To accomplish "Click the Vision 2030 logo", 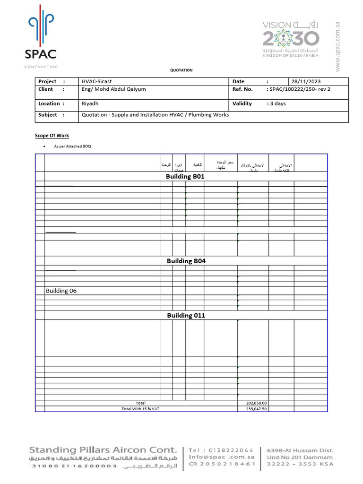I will pyautogui.click(x=291, y=39).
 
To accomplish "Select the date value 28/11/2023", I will pyautogui.click(x=309, y=81).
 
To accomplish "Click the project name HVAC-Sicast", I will pyautogui.click(x=97, y=81).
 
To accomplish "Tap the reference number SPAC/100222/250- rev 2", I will pyautogui.click(x=298, y=89).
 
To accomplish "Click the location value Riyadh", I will pyautogui.click(x=90, y=104).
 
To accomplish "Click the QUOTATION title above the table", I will pyautogui.click(x=181, y=70).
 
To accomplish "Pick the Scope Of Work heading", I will pyautogui.click(x=52, y=136).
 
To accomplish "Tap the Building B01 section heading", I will pyautogui.click(x=185, y=176).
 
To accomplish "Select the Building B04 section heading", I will pyautogui.click(x=186, y=261).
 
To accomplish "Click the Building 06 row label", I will pyautogui.click(x=61, y=291).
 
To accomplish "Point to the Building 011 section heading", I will pyautogui.click(x=186, y=315).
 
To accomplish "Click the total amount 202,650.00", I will pyautogui.click(x=257, y=403).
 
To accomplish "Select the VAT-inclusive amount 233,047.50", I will pyautogui.click(x=257, y=409).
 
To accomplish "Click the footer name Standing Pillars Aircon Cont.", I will pyautogui.click(x=103, y=449).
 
